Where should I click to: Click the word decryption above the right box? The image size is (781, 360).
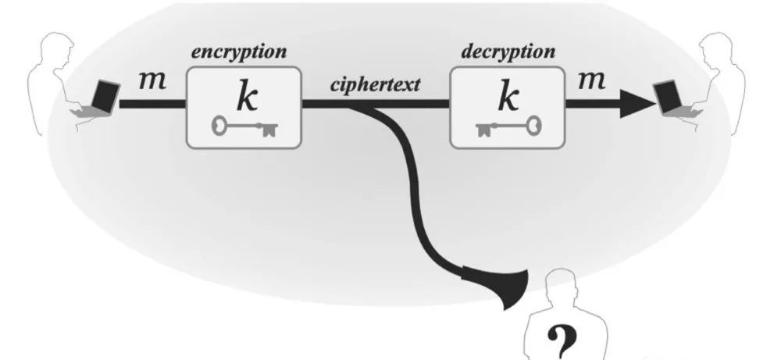508,53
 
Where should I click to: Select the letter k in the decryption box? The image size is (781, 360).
508,95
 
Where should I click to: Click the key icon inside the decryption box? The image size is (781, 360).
508,125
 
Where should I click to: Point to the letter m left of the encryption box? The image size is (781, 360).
152,80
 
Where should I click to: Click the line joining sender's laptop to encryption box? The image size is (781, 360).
152,103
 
